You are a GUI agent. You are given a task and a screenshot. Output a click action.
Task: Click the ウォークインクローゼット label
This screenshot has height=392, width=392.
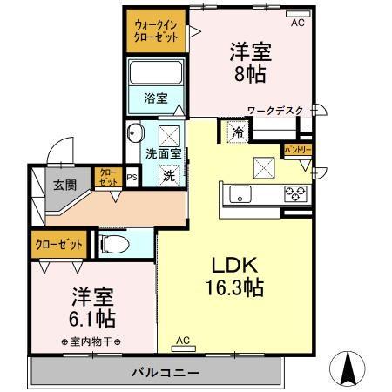[x=157, y=32]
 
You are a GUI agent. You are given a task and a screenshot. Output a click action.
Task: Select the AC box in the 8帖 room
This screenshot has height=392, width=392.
[x=298, y=23]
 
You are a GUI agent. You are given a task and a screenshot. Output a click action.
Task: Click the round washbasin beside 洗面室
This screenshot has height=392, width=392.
[x=134, y=133]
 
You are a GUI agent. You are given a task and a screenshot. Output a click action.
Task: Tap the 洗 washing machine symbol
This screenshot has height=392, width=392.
[x=171, y=173]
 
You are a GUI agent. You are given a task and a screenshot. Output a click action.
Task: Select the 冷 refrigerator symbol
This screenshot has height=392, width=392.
[x=238, y=132]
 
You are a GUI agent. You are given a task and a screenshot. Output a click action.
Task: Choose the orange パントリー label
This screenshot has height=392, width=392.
[x=298, y=151]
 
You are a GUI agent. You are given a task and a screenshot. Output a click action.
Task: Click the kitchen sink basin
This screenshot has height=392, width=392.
[x=239, y=193]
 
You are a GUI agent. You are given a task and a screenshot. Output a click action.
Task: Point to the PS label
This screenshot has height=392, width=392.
[x=132, y=179]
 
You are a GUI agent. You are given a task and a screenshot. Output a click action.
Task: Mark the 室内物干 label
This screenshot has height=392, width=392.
[x=91, y=341]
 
